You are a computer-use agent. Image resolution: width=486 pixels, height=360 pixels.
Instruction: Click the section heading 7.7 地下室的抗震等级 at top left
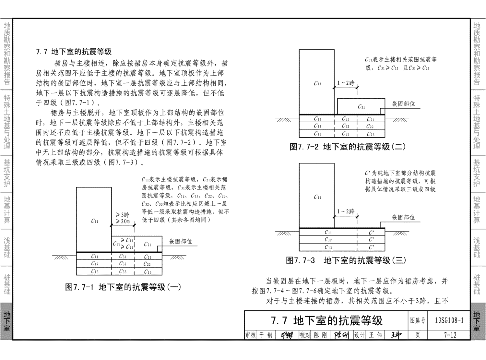(74, 52)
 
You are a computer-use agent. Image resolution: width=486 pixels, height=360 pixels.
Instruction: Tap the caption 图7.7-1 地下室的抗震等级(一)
(123, 287)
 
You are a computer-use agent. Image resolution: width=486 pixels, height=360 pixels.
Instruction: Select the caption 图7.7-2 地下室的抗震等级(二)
(348, 147)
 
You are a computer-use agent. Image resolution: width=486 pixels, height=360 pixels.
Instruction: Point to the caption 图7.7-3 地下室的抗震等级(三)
(346, 260)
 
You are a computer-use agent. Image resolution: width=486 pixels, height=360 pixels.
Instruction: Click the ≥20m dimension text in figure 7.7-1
(123, 221)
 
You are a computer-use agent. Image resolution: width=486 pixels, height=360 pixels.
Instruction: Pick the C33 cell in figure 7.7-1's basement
(123, 271)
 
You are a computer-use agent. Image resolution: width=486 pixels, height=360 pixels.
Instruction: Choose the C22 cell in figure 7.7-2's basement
(370, 126)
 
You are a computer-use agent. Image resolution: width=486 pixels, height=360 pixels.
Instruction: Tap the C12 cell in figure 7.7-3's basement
(328, 239)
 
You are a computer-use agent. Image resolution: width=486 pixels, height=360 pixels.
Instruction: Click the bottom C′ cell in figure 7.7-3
(371, 247)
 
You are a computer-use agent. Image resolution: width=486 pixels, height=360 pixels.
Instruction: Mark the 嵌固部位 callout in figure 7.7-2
(403, 104)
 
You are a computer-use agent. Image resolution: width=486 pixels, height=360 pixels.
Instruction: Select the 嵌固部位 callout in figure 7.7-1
(181, 242)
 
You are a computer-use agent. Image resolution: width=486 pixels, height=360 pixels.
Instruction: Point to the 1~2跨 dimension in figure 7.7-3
(346, 211)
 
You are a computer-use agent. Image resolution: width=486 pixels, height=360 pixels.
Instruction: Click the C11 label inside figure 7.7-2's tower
(317, 84)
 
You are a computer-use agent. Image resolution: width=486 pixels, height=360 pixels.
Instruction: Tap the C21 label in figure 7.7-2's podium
(361, 107)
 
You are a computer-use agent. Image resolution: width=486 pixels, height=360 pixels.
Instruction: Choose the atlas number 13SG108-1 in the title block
(449, 320)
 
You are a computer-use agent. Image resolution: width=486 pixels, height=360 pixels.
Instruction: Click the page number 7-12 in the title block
(450, 335)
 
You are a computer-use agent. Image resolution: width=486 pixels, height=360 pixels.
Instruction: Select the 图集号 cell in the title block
(418, 320)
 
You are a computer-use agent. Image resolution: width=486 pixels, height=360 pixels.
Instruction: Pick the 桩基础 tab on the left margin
(7, 284)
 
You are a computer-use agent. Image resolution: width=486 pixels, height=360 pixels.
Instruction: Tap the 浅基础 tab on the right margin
(477, 247)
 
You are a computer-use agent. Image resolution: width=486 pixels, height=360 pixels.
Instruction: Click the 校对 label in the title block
(305, 335)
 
